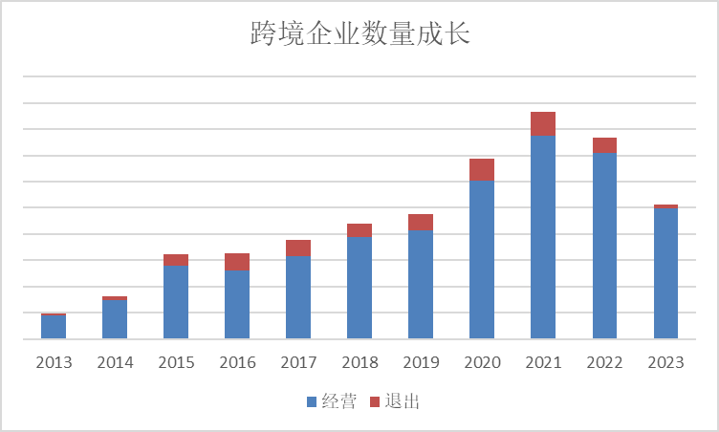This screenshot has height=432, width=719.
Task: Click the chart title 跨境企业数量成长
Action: coord(359,35)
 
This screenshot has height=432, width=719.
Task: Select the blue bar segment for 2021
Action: coord(543,236)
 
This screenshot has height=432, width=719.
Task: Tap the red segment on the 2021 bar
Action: coord(543,123)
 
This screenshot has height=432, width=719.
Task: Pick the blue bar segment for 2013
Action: coord(54,326)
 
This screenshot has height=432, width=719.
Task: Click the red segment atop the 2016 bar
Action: coord(237,262)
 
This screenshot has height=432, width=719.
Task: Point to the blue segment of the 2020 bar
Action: coord(482,259)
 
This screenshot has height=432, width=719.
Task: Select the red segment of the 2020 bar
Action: coord(482,170)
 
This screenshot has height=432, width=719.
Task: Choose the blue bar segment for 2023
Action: coord(665,272)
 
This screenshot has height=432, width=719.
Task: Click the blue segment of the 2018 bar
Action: coord(359,287)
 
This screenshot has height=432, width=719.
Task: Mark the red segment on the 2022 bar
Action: coord(604,145)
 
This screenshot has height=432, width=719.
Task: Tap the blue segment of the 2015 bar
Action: coord(176,301)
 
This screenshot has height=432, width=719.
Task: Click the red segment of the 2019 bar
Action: coord(421,223)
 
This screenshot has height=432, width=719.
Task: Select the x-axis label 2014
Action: coord(115,363)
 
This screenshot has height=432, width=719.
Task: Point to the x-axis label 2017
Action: coord(298,363)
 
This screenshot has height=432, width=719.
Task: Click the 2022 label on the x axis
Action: coord(604,363)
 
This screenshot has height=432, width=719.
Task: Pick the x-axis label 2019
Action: coord(421,363)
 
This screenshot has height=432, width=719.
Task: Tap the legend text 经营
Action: coord(340,401)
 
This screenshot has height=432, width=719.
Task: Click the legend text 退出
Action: coord(403,401)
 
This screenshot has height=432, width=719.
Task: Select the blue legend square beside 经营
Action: coord(312,401)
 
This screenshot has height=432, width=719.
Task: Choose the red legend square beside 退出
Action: coord(374,401)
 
